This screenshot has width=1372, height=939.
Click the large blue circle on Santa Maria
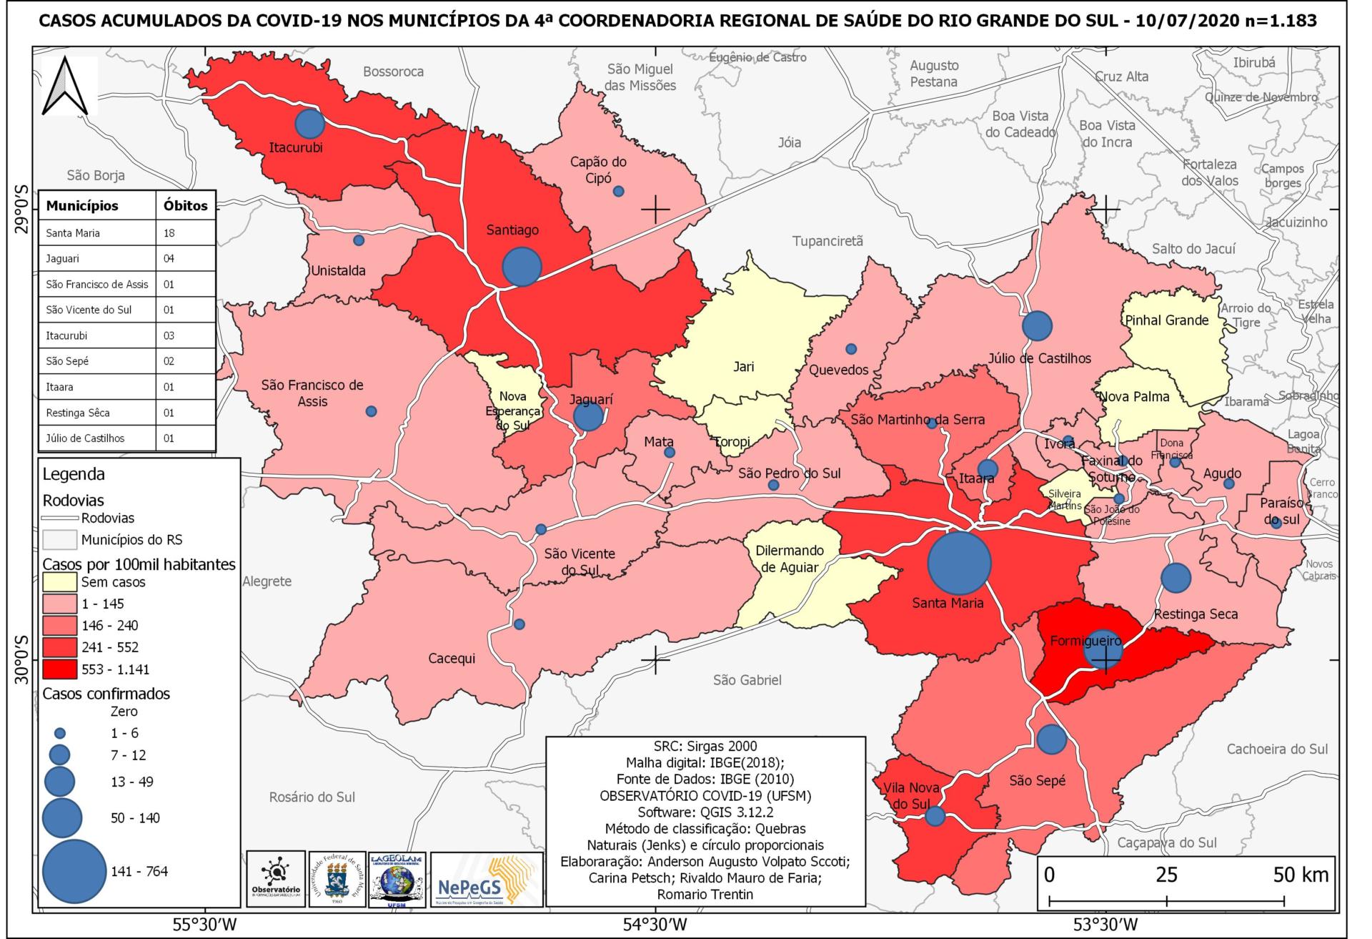point(959,562)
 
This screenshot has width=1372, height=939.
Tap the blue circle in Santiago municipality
point(522,266)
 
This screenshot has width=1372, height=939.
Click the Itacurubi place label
point(296,148)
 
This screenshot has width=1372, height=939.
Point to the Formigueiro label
point(1085,641)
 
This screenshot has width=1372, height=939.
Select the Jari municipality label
point(743,366)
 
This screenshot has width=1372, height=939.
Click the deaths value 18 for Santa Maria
point(169,233)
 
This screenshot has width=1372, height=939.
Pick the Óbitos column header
point(185,206)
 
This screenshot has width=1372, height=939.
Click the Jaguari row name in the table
point(63,259)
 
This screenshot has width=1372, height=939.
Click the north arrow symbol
point(69,86)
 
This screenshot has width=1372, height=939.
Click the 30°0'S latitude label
point(21,659)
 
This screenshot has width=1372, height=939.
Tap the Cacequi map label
point(452,658)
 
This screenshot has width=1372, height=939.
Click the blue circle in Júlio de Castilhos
point(1038,326)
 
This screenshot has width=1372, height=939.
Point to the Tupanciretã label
point(827,241)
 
